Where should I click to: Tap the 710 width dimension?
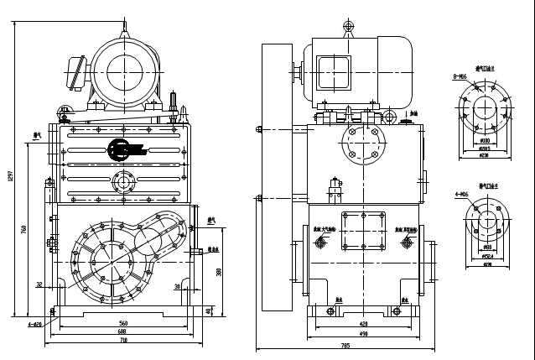point(122,341)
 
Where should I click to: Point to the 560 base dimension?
point(122,323)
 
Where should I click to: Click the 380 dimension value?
point(220,271)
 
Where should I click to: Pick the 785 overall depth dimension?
point(345,346)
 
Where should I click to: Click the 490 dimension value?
point(363,333)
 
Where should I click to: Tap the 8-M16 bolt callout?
point(460,77)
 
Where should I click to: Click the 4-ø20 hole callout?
point(34,323)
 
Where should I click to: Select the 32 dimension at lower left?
point(39,284)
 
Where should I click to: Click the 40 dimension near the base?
point(207,312)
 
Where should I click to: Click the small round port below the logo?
point(123,181)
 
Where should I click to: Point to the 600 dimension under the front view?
point(122,332)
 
